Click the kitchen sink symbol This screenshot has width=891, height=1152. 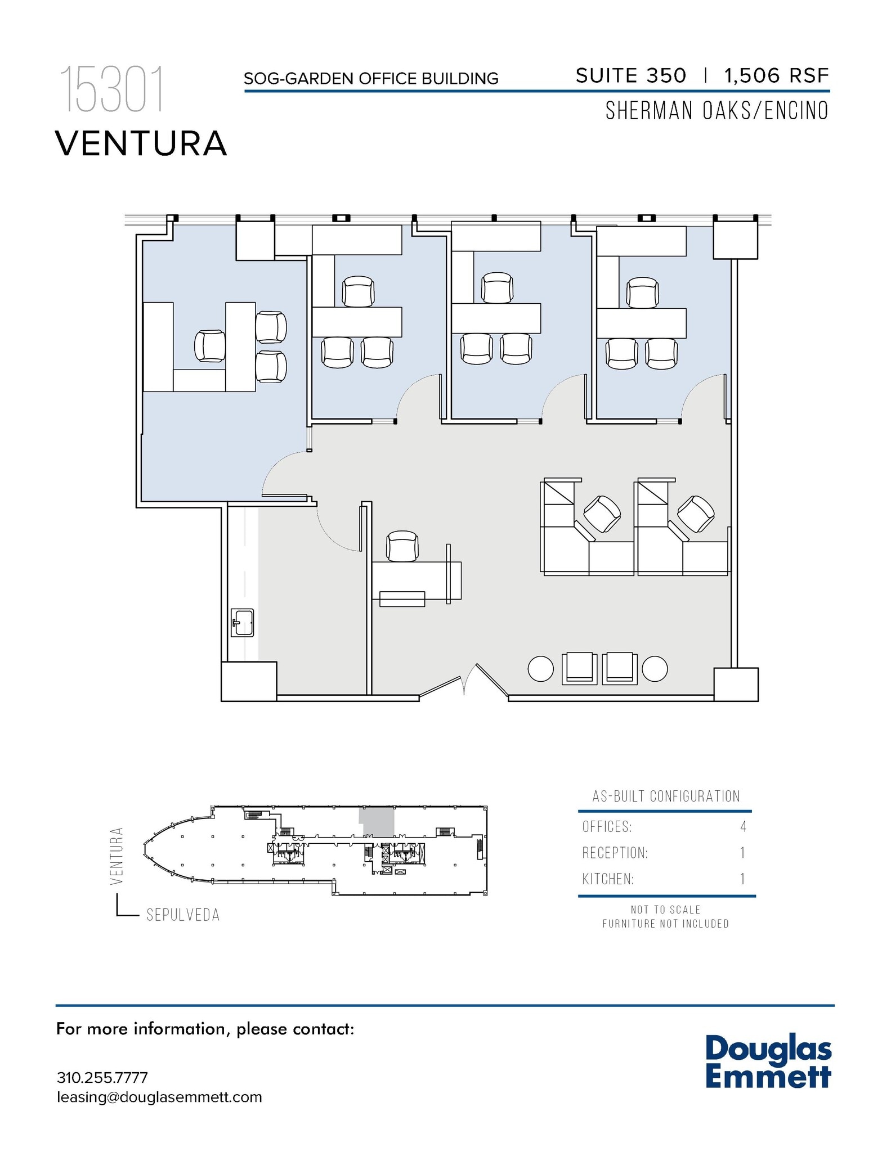tap(243, 623)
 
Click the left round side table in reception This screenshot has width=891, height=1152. tap(541, 669)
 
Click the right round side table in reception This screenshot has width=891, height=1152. tap(655, 669)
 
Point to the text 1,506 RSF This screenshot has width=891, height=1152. tap(776, 75)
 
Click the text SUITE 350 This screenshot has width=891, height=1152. tap(631, 75)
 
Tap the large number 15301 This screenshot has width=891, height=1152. tap(112, 89)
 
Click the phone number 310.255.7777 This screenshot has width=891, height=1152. tap(102, 1078)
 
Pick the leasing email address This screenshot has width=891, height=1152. tap(159, 1097)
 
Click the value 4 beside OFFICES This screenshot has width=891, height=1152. tap(744, 827)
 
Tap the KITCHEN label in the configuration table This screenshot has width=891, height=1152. tap(608, 879)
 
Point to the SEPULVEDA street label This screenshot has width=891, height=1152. tap(183, 915)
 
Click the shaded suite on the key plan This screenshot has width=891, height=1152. tap(377, 821)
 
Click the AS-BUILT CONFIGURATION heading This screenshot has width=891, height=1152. tap(666, 796)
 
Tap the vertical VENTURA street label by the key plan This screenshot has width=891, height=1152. tap(117, 856)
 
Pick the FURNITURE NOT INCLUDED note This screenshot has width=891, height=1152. tap(665, 924)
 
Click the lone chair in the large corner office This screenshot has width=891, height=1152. tap(210, 346)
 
